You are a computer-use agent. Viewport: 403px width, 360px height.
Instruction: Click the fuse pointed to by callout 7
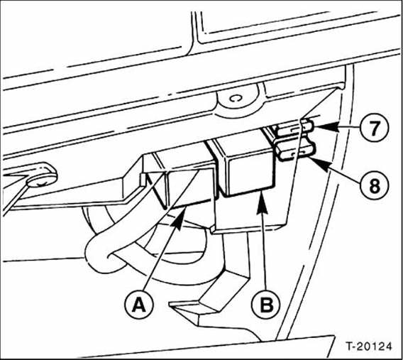tap(292, 129)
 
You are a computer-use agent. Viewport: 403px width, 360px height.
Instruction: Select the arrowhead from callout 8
tap(310, 160)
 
